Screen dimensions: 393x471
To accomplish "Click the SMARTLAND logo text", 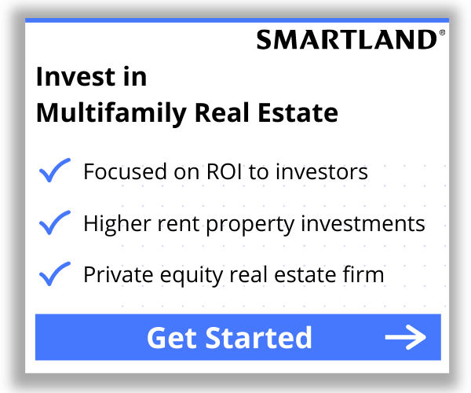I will pos(346,39).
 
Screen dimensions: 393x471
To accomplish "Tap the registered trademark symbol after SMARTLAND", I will pos(442,34).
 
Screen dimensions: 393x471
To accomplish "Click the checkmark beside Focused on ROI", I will pos(54,171).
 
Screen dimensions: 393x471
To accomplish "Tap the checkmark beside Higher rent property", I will pos(54,223).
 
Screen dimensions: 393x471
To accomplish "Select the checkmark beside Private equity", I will pos(54,275).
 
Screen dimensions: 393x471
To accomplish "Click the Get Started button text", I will pos(229,337).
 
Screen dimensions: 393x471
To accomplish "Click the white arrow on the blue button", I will pos(405,338).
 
